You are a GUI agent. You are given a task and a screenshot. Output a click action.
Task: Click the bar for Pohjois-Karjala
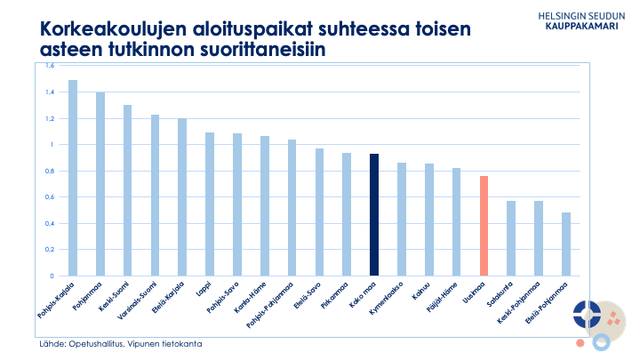click(x=73, y=178)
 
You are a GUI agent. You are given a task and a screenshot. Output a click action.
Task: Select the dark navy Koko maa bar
click(x=374, y=214)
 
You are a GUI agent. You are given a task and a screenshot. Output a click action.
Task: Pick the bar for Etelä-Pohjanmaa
click(x=566, y=244)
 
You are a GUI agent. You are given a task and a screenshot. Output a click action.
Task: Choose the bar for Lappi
click(x=210, y=204)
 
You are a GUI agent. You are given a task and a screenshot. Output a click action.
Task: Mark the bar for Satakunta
click(x=511, y=238)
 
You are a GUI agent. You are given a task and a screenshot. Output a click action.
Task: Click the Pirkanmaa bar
click(x=347, y=214)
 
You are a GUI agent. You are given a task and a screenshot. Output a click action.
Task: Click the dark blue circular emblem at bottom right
click(x=587, y=312)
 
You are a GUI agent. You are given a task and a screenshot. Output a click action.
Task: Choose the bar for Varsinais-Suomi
click(x=155, y=196)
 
